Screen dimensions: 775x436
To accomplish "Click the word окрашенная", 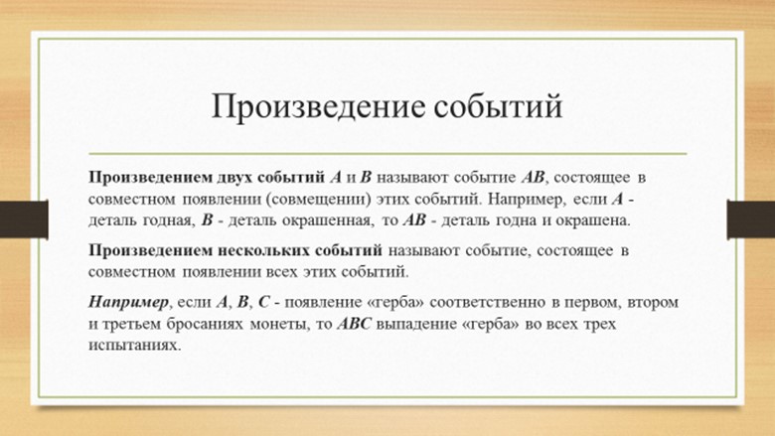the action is click(326, 220).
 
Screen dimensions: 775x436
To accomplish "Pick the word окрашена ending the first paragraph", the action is click(592, 220).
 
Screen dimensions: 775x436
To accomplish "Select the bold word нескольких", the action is click(266, 250).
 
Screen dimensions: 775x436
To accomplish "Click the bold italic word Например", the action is click(128, 302).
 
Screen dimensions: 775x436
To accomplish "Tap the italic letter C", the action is click(263, 302).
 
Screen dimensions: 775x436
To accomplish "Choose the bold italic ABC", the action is click(354, 324).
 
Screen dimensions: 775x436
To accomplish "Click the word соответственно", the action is click(487, 302).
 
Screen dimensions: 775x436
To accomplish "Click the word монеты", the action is click(280, 325).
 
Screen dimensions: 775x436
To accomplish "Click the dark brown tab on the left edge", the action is click(24, 218).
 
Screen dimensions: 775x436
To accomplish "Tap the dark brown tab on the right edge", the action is click(751, 218).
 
